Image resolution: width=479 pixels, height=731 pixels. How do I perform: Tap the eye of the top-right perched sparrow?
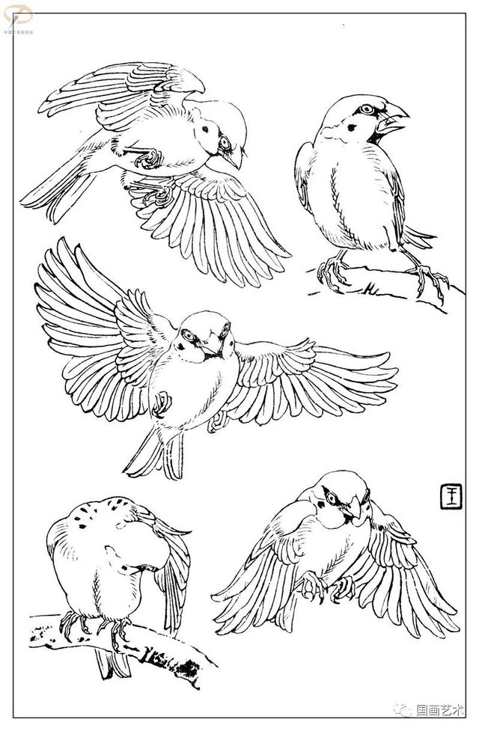(366, 109)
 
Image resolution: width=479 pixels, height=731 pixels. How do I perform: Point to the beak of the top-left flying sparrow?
(235, 158)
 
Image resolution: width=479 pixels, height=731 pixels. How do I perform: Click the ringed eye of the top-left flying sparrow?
(224, 142)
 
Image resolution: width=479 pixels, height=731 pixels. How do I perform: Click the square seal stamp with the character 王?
(451, 495)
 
